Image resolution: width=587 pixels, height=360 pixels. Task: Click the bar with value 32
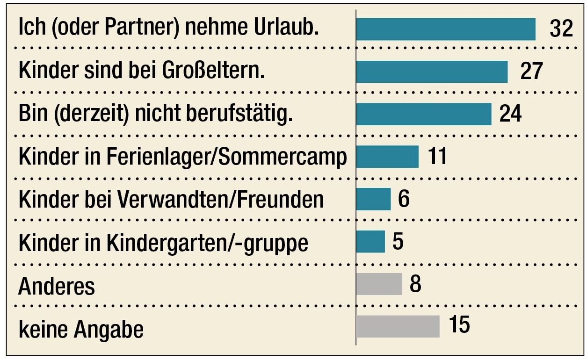pyautogui.click(x=445, y=29)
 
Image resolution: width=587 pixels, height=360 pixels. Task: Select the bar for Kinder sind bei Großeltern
pyautogui.click(x=432, y=72)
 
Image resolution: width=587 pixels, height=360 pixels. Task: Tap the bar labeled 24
pyautogui.click(x=424, y=114)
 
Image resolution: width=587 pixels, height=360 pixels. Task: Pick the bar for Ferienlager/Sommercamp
pyautogui.click(x=387, y=157)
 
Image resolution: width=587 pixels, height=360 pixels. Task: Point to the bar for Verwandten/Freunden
pyautogui.click(x=373, y=199)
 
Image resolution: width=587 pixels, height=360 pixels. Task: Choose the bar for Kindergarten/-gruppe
pyautogui.click(x=370, y=242)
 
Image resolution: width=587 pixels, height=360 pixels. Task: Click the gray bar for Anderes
pyautogui.click(x=379, y=284)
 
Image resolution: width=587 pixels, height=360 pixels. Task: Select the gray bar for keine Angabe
pyautogui.click(x=398, y=326)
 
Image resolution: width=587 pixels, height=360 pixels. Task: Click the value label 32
pyautogui.click(x=561, y=29)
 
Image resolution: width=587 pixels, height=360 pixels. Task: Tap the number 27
pyautogui.click(x=531, y=72)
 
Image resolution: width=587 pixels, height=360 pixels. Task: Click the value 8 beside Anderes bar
pyautogui.click(x=415, y=284)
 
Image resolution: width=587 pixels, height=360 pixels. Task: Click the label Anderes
pyautogui.click(x=57, y=286)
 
